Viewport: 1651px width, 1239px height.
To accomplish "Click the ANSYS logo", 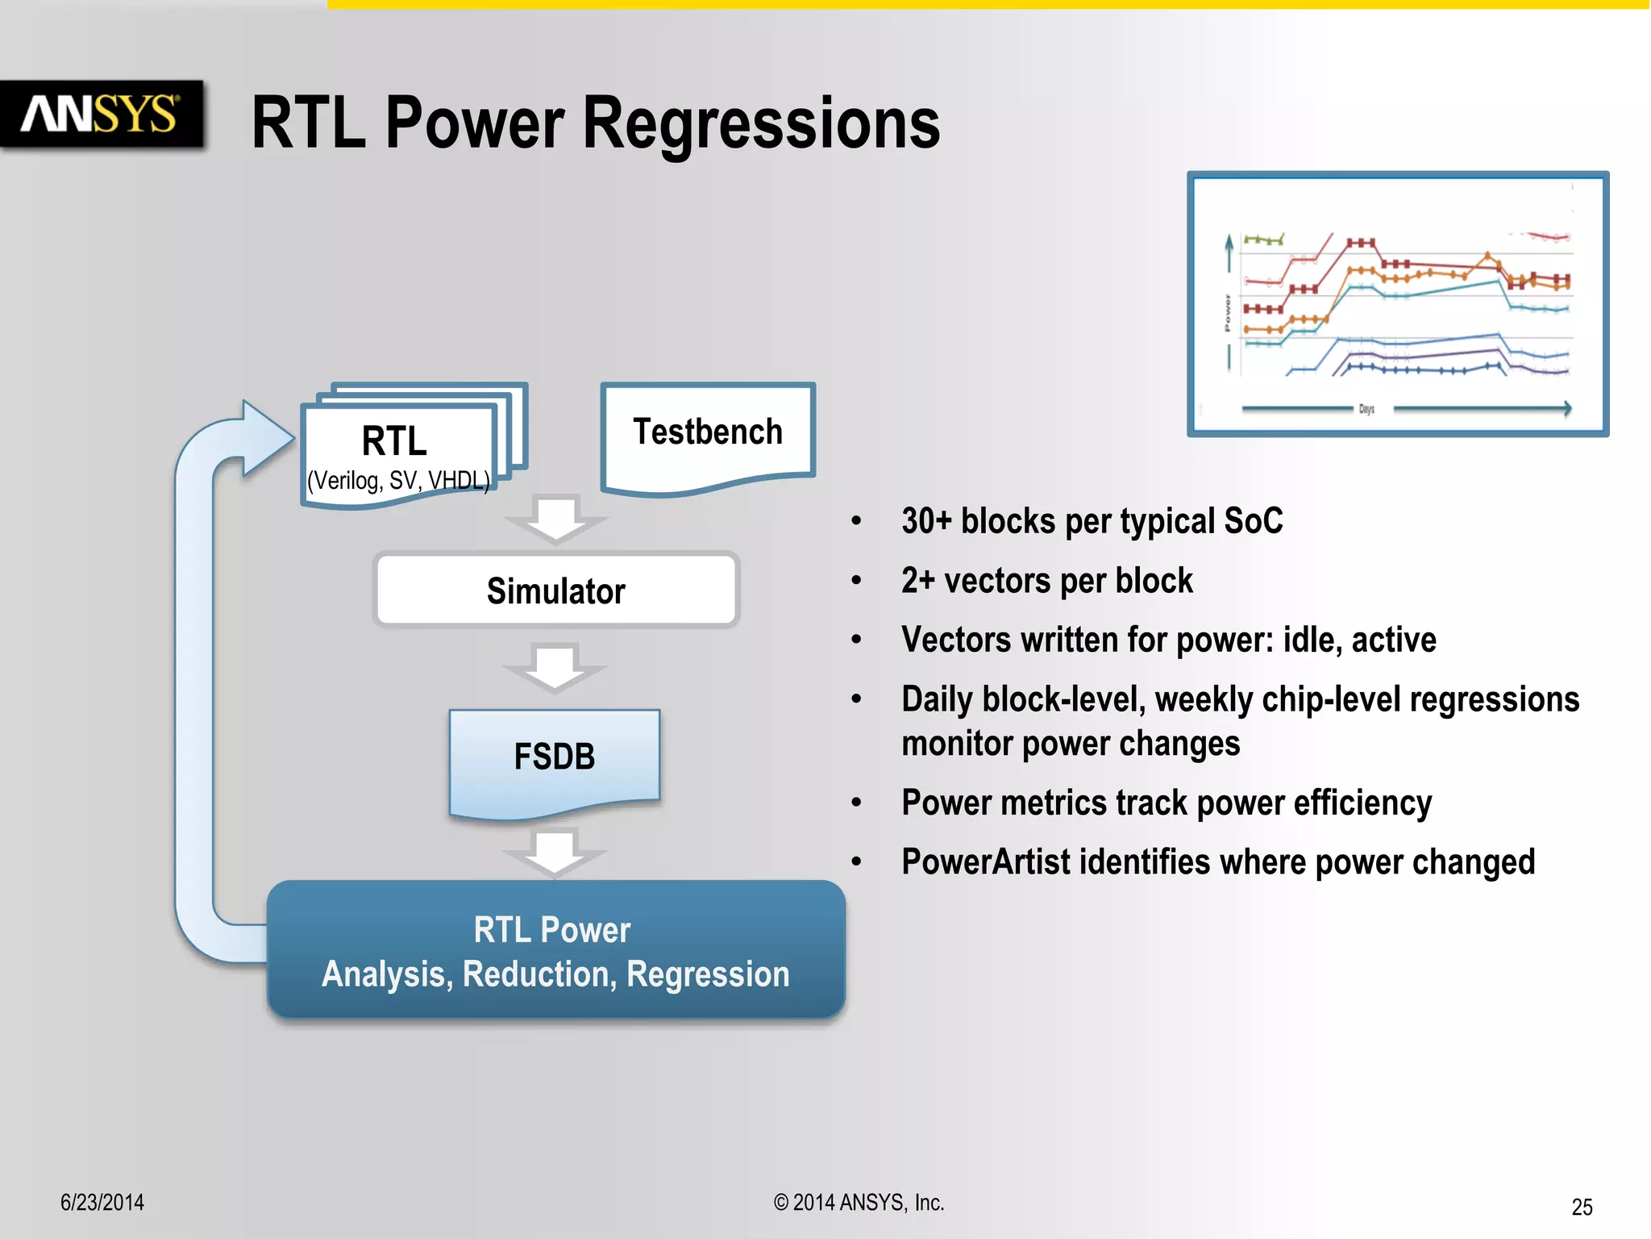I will [101, 115].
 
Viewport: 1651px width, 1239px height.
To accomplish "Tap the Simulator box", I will [556, 590].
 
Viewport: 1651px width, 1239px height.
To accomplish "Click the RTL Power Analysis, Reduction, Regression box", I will [555, 952].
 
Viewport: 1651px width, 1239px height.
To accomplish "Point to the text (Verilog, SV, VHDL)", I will [398, 481].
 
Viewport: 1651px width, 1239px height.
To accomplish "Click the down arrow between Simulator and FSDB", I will [555, 666].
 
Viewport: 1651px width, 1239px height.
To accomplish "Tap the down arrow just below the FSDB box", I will [555, 851].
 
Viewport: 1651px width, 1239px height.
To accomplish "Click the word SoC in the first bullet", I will [1253, 521].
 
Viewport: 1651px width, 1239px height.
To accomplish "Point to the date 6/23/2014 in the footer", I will [102, 1203].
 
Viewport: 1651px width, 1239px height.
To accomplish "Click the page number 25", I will [1582, 1207].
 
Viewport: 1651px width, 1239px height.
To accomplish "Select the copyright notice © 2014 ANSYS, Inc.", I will [859, 1203].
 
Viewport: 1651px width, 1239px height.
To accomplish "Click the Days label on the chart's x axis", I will [1366, 409].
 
